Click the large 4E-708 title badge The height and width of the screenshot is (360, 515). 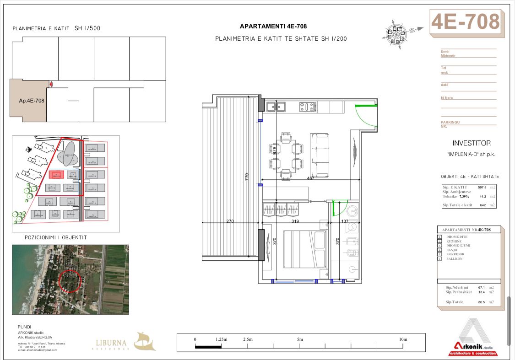pos(465,21)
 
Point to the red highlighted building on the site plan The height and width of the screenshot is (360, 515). pos(57,175)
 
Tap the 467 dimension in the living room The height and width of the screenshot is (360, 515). pos(311,178)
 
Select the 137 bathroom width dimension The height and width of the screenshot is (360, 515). pos(345,221)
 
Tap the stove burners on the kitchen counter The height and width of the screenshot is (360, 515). pos(308,107)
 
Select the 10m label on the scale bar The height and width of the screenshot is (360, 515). pos(403,339)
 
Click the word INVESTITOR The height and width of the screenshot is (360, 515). pos(471,143)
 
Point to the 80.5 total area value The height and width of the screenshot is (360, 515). pos(481,302)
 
